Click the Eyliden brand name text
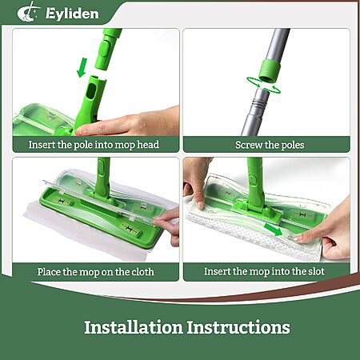[x=72, y=14]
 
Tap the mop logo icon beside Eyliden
[x=28, y=12]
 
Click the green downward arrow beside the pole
[x=82, y=68]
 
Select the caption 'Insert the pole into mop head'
[x=94, y=145]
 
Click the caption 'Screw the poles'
[x=270, y=145]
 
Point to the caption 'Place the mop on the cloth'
[x=96, y=272]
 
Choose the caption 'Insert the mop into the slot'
[x=264, y=271]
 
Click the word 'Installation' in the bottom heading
[x=134, y=327]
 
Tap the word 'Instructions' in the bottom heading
[x=238, y=327]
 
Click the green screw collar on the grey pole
[x=270, y=70]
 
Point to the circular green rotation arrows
[x=263, y=86]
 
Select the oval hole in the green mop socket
[x=91, y=90]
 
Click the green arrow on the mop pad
[x=273, y=230]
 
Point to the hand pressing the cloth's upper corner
[x=197, y=182]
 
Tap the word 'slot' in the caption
[x=316, y=271]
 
